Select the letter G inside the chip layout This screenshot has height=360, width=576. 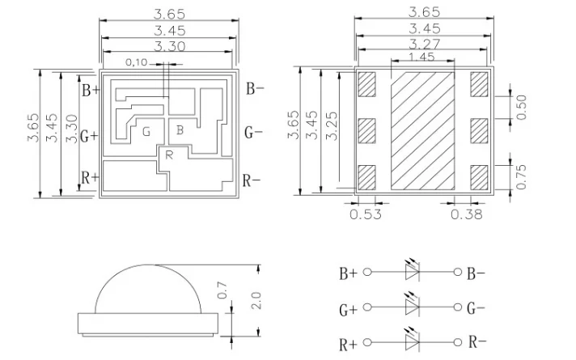click(146, 132)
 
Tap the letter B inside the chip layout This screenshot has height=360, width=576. click(180, 129)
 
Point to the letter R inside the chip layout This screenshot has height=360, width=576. click(169, 155)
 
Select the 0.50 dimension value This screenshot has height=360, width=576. click(522, 106)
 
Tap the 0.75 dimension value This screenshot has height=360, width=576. click(522, 175)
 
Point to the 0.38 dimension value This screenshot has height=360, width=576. click(465, 214)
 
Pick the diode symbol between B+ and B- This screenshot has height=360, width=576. click(413, 273)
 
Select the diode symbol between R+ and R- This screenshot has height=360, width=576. click(413, 343)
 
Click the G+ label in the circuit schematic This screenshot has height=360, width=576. click(348, 309)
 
